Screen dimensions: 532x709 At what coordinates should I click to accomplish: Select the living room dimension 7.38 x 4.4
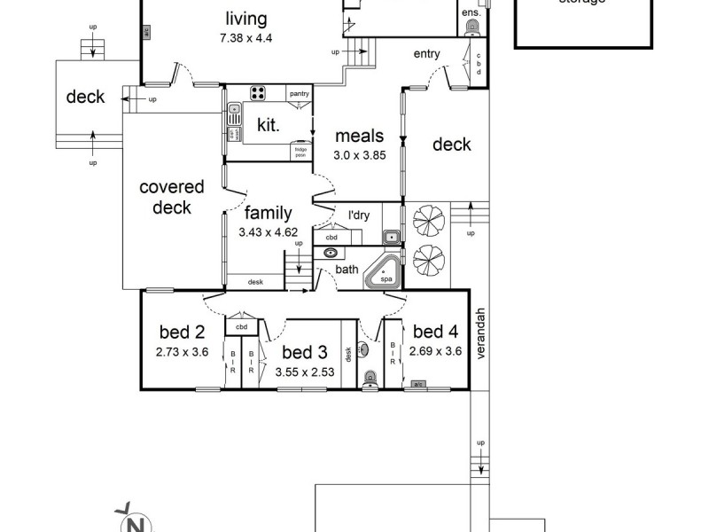click(x=245, y=38)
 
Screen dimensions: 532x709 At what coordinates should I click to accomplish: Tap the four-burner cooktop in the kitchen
click(x=259, y=94)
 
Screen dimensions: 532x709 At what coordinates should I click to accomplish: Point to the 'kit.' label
click(x=268, y=126)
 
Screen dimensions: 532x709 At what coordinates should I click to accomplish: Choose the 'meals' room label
click(x=359, y=136)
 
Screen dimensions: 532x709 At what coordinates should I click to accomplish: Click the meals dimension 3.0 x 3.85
click(x=359, y=154)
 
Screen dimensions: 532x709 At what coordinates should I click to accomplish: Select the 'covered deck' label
click(x=172, y=197)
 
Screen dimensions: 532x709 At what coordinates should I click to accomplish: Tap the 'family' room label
click(x=269, y=213)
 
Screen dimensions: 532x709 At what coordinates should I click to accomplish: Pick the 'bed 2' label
click(x=182, y=332)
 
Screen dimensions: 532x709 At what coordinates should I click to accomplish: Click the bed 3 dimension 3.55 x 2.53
click(x=304, y=372)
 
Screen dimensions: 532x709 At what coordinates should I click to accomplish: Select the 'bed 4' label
click(x=435, y=332)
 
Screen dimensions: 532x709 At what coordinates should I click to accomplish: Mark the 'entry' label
click(x=426, y=54)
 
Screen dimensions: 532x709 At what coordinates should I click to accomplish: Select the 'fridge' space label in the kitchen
click(x=302, y=152)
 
